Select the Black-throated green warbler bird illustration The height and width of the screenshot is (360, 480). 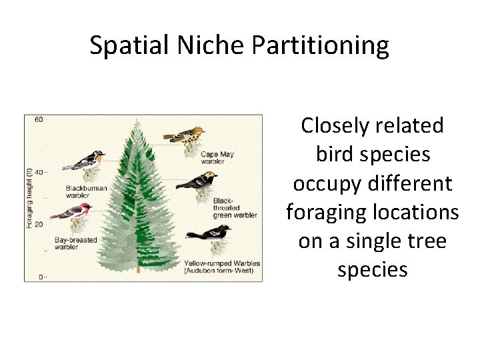pos(197,181)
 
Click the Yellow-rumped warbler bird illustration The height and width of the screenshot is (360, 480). pos(208,233)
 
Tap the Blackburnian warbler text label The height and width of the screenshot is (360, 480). pos(86,191)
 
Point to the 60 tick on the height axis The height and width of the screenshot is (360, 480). pos(39,119)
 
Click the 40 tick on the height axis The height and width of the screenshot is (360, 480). pos(39,172)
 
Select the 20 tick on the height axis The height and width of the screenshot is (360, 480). pos(39,224)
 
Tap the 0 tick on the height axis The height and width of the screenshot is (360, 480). pos(41,276)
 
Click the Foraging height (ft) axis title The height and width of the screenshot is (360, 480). pos(29,199)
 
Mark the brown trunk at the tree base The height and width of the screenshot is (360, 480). pos(138,269)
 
